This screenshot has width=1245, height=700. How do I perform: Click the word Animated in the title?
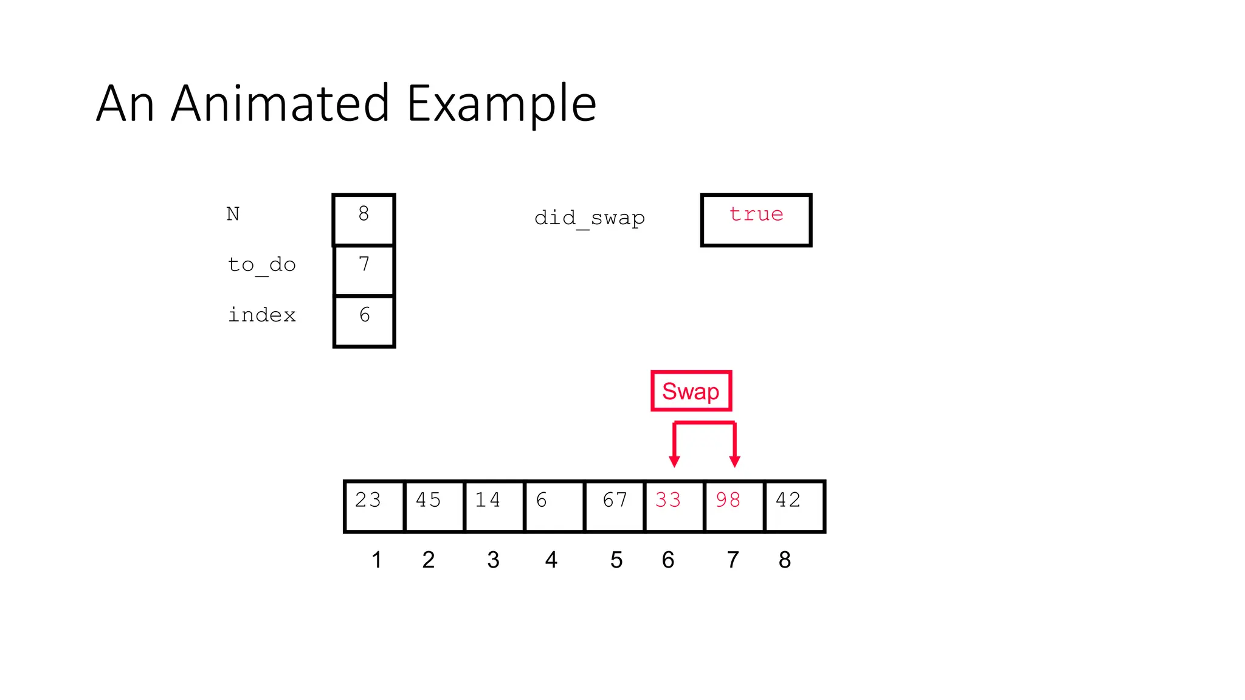click(280, 103)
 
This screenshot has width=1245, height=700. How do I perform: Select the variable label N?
click(233, 214)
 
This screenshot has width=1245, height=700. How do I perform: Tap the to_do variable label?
click(261, 265)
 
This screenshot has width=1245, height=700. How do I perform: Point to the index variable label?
click(261, 315)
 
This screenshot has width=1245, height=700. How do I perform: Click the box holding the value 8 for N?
click(364, 219)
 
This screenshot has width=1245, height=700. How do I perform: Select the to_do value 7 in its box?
click(364, 265)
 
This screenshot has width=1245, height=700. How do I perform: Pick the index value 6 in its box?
click(364, 315)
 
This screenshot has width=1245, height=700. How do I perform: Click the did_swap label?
click(589, 218)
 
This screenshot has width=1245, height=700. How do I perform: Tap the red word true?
click(756, 214)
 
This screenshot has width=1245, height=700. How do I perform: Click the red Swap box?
click(691, 391)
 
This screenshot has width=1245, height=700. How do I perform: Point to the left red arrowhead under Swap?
click(674, 461)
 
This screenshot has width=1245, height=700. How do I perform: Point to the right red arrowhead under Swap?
click(734, 461)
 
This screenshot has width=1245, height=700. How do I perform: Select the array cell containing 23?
click(373, 506)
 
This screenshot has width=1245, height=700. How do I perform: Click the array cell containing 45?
click(433, 506)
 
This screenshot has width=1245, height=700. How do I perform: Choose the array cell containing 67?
click(615, 506)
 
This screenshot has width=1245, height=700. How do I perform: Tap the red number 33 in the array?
click(668, 500)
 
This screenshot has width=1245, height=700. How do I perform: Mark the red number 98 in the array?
click(728, 500)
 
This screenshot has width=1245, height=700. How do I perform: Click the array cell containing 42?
click(794, 506)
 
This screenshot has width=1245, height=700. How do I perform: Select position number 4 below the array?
click(551, 560)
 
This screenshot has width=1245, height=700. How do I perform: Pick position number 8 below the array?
click(784, 560)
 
